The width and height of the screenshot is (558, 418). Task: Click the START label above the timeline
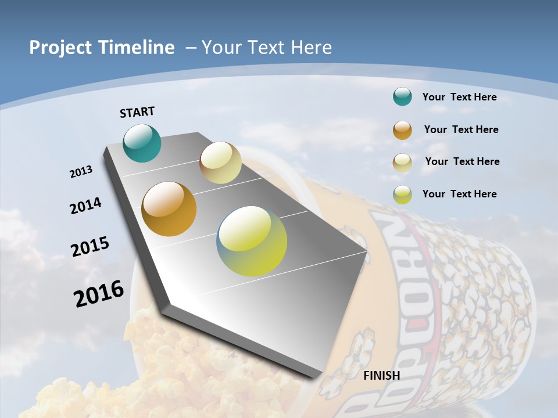(137, 112)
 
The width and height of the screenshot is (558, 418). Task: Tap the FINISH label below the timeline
(382, 376)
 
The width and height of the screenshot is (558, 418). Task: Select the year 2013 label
(81, 172)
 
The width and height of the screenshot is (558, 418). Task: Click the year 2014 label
(86, 206)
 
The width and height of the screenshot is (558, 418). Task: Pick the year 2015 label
(90, 247)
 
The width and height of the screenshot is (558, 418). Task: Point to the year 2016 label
(99, 294)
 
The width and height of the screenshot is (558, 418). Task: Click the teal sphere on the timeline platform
(142, 143)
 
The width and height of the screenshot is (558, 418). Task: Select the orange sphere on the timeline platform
(169, 209)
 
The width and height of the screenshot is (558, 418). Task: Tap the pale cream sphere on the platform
(220, 163)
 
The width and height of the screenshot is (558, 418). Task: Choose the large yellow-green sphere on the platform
(252, 241)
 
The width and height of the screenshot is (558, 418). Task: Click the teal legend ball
(402, 97)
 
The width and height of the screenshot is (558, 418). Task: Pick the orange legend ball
(402, 130)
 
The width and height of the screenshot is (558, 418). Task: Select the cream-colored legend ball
(402, 163)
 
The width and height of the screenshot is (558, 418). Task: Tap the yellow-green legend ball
(402, 194)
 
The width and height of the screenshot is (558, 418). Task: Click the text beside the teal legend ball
(459, 97)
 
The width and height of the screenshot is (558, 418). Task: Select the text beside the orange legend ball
(461, 129)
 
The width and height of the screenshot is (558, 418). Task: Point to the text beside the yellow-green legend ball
(459, 194)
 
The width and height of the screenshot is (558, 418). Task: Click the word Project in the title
(61, 48)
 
